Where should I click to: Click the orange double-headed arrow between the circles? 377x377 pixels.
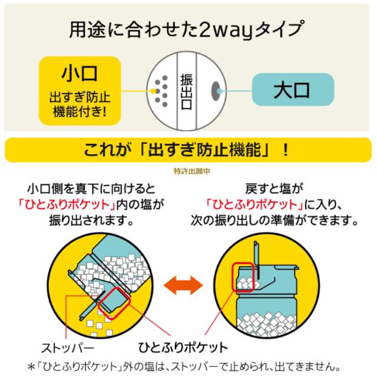point(188,287)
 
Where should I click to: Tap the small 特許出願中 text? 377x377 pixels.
point(188,171)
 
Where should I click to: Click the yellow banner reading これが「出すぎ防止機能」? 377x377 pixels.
point(188,150)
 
